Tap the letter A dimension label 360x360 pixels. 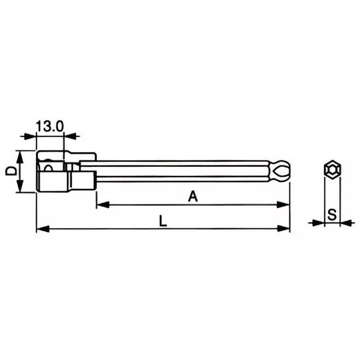193,196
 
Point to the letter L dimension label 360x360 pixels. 163,220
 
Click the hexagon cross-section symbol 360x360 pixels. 332,168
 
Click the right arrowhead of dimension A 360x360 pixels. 283,205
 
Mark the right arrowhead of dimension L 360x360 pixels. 283,229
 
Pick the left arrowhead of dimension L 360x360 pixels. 42,229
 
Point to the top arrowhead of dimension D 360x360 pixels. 20,156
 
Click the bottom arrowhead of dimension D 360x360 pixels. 20,187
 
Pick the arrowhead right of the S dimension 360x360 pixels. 346,222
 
